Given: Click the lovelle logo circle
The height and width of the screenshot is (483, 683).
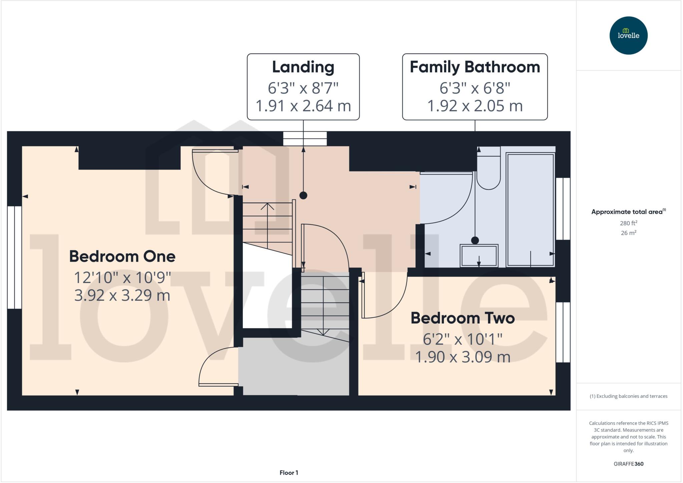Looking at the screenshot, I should coord(628,35).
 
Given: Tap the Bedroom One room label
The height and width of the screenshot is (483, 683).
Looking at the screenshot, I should coord(122,256).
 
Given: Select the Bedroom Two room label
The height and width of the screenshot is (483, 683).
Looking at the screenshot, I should coord(463,318).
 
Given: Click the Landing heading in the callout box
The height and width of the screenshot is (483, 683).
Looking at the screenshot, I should coord(303,67).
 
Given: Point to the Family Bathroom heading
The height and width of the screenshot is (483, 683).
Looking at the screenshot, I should coord(475,67).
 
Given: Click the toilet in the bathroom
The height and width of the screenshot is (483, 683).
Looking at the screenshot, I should coord(489,170).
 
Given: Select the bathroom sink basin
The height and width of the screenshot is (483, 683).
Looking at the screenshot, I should coord(479,256).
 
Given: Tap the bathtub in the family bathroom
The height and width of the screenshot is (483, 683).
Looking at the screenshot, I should coord(530,210).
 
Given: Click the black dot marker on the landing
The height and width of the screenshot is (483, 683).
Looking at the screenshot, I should coord(303,196).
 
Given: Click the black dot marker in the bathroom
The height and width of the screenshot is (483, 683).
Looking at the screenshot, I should coord(475,240).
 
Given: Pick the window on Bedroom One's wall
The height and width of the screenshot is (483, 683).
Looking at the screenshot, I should coord(15,257).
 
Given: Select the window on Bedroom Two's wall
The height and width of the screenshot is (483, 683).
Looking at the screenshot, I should coord(563,332).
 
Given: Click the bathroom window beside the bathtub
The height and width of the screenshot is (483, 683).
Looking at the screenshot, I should coord(563,209).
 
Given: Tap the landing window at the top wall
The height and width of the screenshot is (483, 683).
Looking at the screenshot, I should coord(305,139).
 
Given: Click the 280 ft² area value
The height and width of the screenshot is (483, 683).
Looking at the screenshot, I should coord(628,223).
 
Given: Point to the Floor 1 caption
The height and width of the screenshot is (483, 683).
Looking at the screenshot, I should coord(289,473).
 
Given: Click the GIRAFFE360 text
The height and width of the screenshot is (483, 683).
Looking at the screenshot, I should coord(628,464).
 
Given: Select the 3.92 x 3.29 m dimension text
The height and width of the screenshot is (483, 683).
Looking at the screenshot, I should coord(122,295).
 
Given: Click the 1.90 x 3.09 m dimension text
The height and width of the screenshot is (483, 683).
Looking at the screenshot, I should coord(463,357).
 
